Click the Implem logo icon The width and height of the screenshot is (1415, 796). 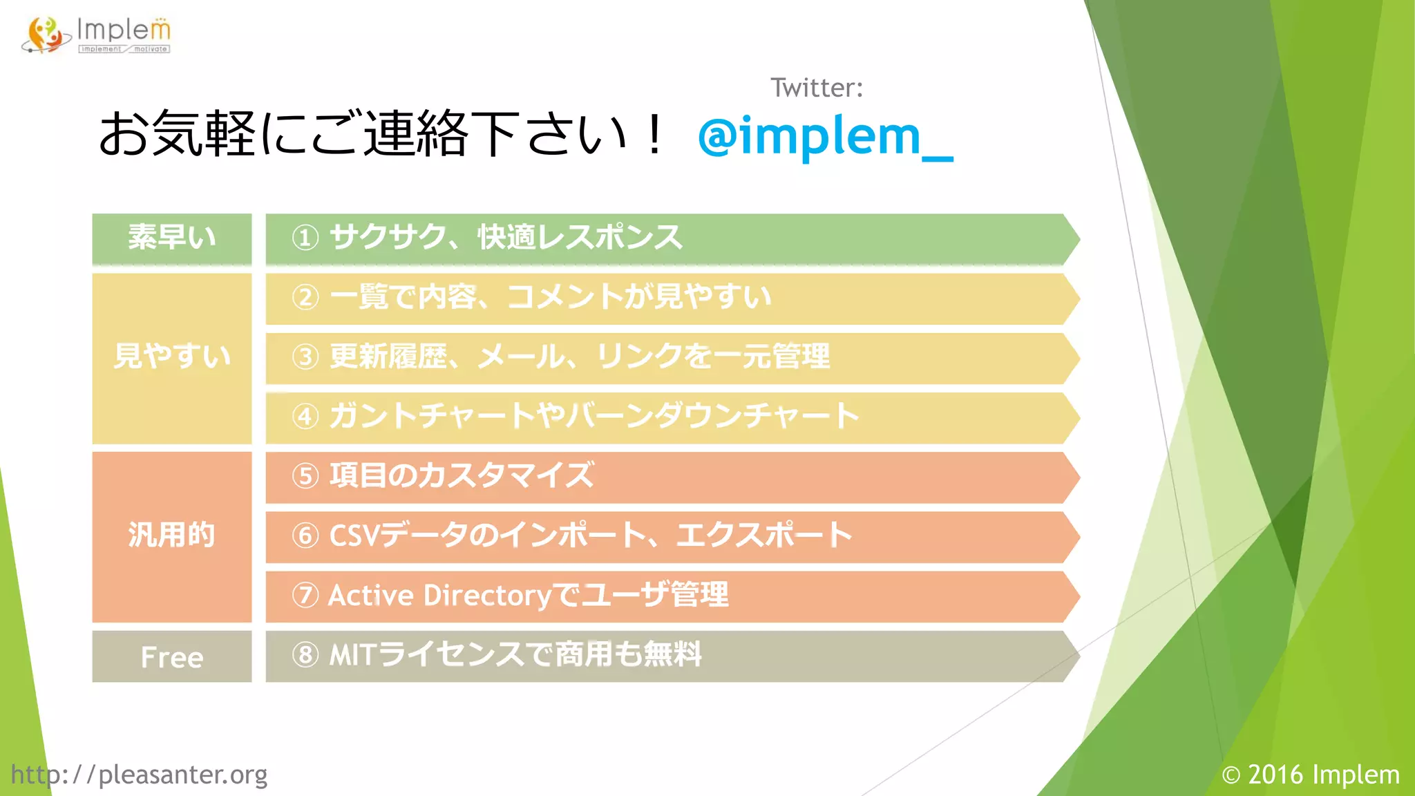pos(46,35)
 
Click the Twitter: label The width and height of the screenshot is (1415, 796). pos(816,88)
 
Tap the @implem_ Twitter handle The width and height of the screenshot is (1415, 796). pos(825,136)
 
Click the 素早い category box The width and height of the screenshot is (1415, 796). pos(171,238)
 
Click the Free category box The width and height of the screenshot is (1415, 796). pos(171,656)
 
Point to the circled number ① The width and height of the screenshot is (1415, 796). pos(305,238)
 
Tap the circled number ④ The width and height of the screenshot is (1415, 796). pos(305,417)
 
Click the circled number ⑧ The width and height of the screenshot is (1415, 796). pos(305,655)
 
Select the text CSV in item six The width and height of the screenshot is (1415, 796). pos(354,536)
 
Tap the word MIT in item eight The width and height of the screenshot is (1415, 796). pos(352,655)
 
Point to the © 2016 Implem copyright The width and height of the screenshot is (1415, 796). pos(1310,775)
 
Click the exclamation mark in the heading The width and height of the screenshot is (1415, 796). pos(652,135)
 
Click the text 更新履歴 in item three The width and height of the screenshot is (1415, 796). pos(388,357)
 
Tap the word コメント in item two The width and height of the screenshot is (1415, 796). pos(564,298)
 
